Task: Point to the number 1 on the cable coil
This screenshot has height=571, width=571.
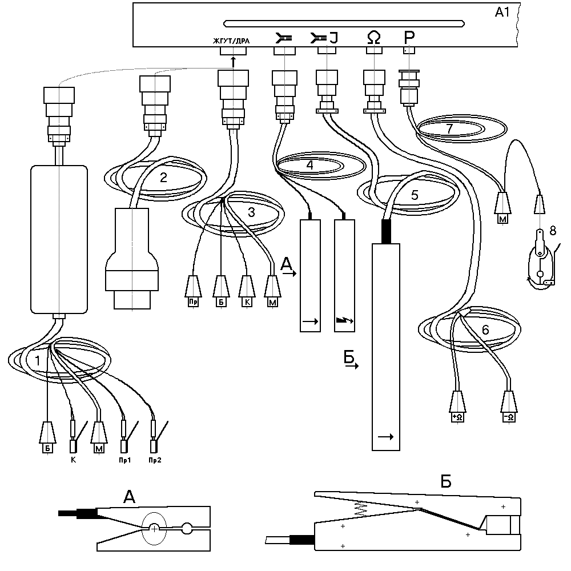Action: (x=37, y=361)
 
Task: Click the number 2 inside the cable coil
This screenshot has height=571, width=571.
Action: (x=163, y=177)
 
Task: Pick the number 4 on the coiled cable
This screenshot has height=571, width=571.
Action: (x=309, y=166)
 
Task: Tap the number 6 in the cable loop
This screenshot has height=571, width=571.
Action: (x=485, y=329)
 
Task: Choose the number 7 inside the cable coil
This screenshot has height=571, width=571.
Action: (x=450, y=128)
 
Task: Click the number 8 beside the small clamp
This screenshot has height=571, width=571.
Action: (x=552, y=231)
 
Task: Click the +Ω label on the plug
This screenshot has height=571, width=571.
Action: (x=458, y=417)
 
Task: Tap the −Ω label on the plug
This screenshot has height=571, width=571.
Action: (x=509, y=417)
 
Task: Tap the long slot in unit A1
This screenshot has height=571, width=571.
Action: (x=343, y=23)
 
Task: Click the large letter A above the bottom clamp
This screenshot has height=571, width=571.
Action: (x=130, y=498)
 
